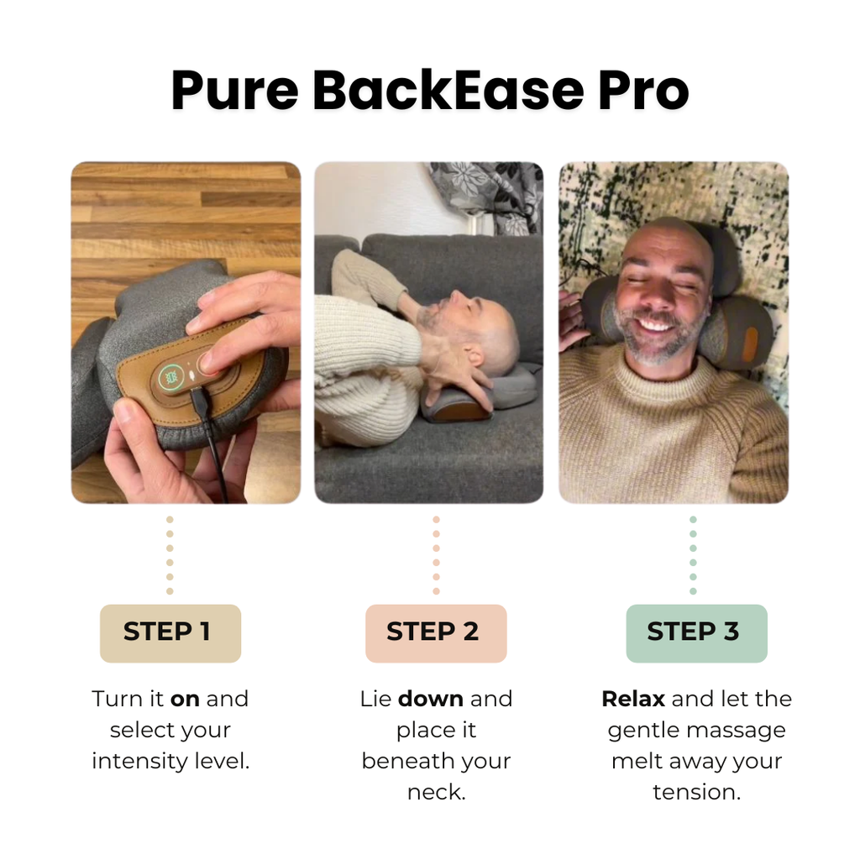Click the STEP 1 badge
pos(170,632)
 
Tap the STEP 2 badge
pos(435,632)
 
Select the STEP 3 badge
pos(696,632)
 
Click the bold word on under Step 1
pos(185,699)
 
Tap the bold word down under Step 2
pos(430,699)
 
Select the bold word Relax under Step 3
pos(633,699)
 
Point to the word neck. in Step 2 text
pos(436,792)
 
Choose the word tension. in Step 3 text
pos(696,792)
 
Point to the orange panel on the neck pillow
pos(749,344)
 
